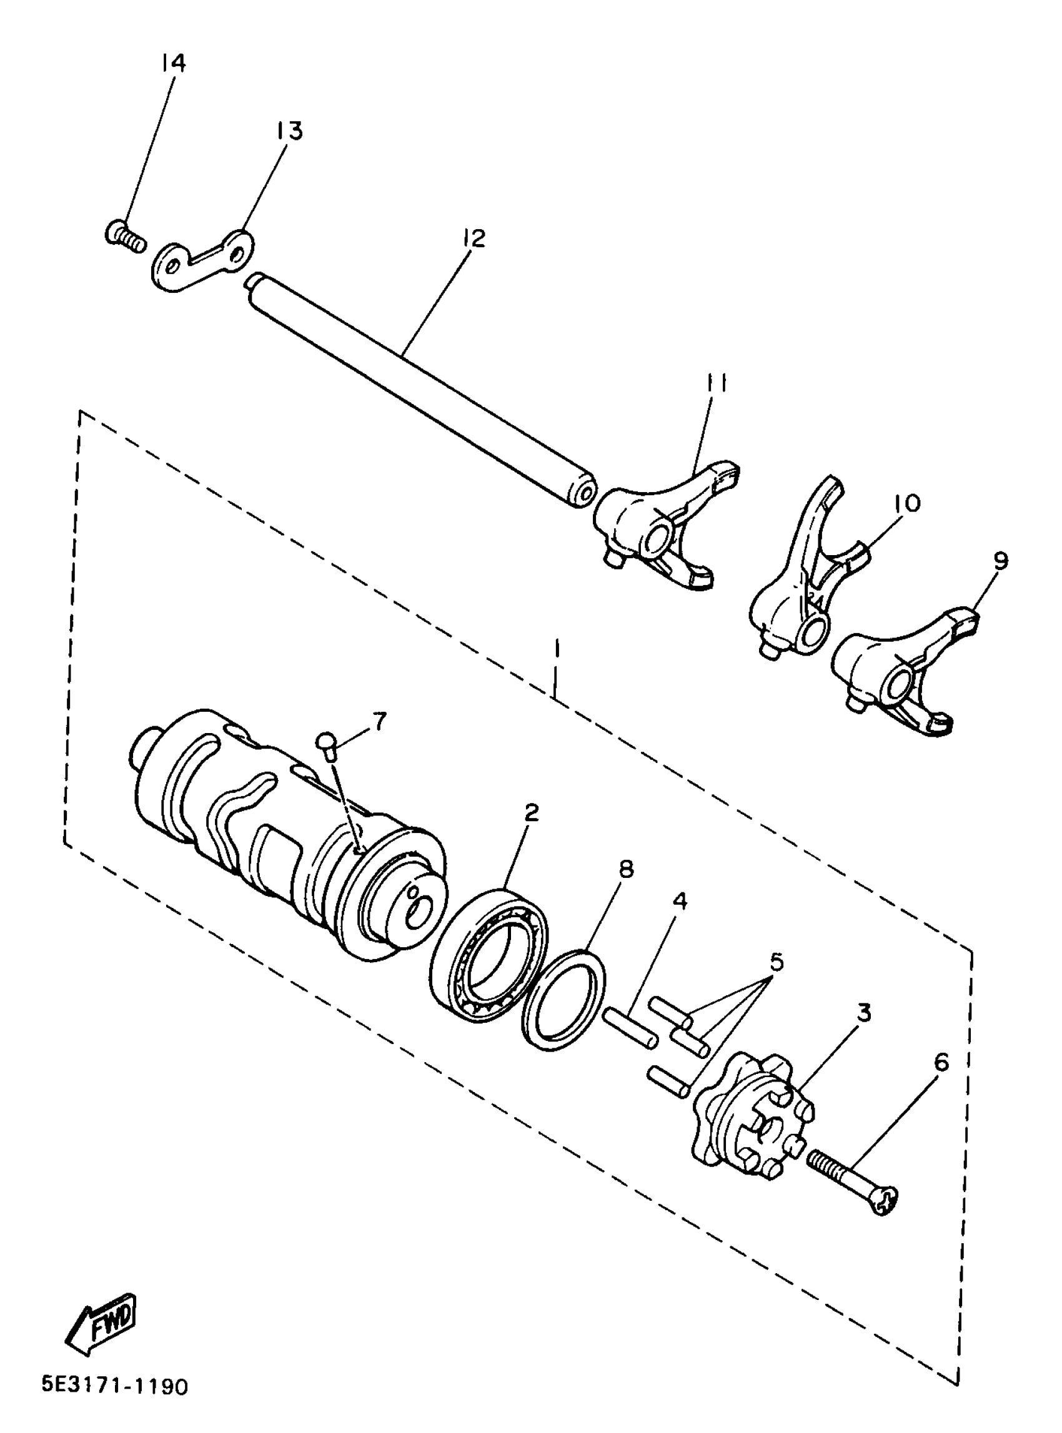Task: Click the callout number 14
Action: click(173, 63)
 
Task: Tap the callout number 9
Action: click(1000, 560)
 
